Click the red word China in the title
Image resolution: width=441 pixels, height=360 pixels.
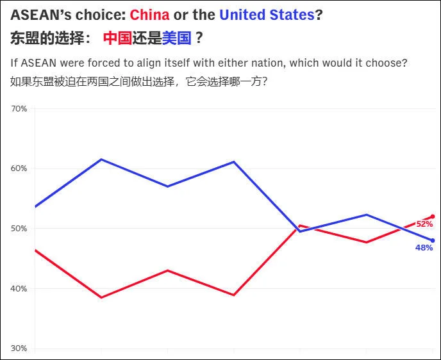pyautogui.click(x=149, y=15)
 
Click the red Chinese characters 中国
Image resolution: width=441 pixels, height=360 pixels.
pyautogui.click(x=117, y=38)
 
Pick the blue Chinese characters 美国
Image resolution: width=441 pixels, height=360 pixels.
pyautogui.click(x=176, y=38)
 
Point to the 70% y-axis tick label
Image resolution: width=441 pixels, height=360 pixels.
pyautogui.click(x=19, y=109)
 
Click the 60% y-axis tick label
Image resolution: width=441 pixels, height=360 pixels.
pyautogui.click(x=19, y=168)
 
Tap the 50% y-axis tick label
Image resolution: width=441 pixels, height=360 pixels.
pyautogui.click(x=19, y=229)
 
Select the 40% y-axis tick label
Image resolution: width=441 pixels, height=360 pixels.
pyautogui.click(x=19, y=289)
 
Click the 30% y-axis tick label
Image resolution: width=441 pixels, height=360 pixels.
pyautogui.click(x=19, y=348)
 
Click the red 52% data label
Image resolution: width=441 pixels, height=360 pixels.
pyautogui.click(x=424, y=224)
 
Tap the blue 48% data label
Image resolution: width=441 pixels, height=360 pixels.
pyautogui.click(x=424, y=248)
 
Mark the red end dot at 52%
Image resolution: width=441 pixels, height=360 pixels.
pyautogui.click(x=433, y=217)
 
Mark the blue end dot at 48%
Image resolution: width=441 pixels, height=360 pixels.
pyautogui.click(x=433, y=240)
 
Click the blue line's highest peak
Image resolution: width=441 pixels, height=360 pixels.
pyautogui.click(x=101, y=160)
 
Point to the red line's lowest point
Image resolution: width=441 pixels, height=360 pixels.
pyautogui.click(x=101, y=297)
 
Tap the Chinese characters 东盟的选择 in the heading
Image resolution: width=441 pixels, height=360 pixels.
pyautogui.click(x=47, y=38)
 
